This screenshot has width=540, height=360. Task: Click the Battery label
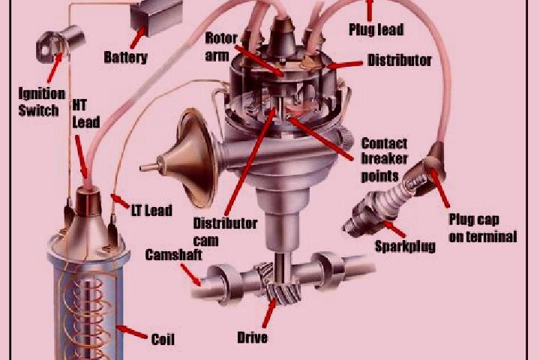[126, 57]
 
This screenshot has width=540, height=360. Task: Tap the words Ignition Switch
[41, 102]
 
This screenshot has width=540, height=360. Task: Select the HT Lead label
[86, 114]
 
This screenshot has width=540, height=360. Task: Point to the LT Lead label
[151, 210]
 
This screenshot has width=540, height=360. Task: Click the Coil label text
[163, 339]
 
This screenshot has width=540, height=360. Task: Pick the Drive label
[253, 337]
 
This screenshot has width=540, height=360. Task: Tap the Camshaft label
[173, 255]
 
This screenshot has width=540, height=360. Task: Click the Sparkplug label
[405, 246]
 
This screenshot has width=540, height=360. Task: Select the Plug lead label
[376, 29]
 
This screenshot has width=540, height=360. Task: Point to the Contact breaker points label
[384, 160]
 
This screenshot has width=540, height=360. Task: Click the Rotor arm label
[221, 46]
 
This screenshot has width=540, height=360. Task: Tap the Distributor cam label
[225, 232]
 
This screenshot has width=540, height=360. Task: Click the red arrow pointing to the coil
[131, 331]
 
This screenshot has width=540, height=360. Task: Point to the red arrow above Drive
[269, 313]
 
